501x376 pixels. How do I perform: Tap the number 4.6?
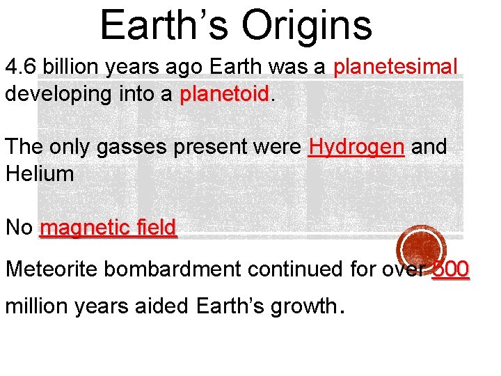20,68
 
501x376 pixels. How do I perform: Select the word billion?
67,68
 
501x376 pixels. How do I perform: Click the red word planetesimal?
396,68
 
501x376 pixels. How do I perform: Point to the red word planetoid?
224,94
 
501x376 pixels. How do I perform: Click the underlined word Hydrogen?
356,147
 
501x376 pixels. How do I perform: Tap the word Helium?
39,173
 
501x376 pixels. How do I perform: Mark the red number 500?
451,269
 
